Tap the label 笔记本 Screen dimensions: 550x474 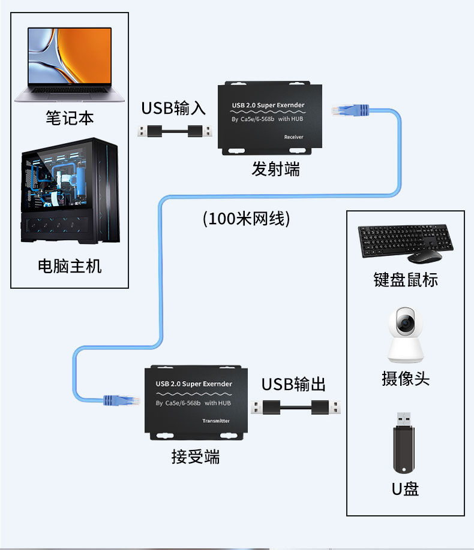click(70, 117)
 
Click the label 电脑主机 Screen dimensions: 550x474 click(70, 265)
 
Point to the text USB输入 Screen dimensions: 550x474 click(173, 108)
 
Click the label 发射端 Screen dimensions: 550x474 click(275, 170)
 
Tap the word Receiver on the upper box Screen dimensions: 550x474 click(293, 137)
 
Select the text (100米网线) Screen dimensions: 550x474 click(247, 219)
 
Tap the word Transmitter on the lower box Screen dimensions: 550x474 click(216, 421)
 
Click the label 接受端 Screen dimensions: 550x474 click(196, 457)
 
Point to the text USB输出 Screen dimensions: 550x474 click(293, 384)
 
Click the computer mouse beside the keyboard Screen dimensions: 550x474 click(425, 256)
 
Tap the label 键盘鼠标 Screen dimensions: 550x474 click(406, 280)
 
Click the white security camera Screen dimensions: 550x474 click(406, 335)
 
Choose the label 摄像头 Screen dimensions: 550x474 click(406, 379)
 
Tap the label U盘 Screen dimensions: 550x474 click(405, 489)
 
